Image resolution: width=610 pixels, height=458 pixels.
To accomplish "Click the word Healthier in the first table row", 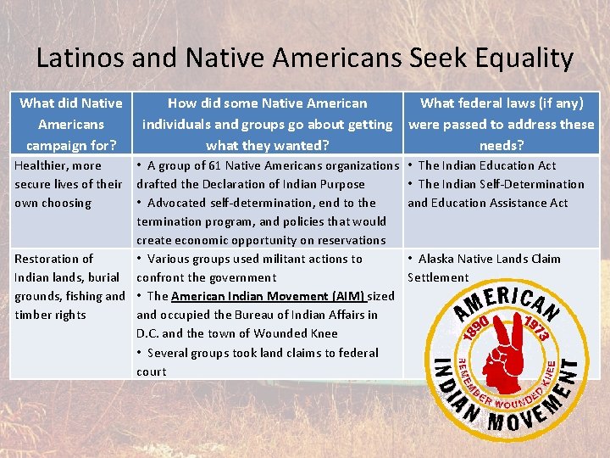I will [x=42, y=165].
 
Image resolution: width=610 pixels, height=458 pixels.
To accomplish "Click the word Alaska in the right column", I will [x=437, y=259].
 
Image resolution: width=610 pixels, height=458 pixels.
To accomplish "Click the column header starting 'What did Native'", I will [x=71, y=103].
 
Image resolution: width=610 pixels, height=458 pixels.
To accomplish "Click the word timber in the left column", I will [x=32, y=315].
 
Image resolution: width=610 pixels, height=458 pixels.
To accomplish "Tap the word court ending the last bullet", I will [x=152, y=371].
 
